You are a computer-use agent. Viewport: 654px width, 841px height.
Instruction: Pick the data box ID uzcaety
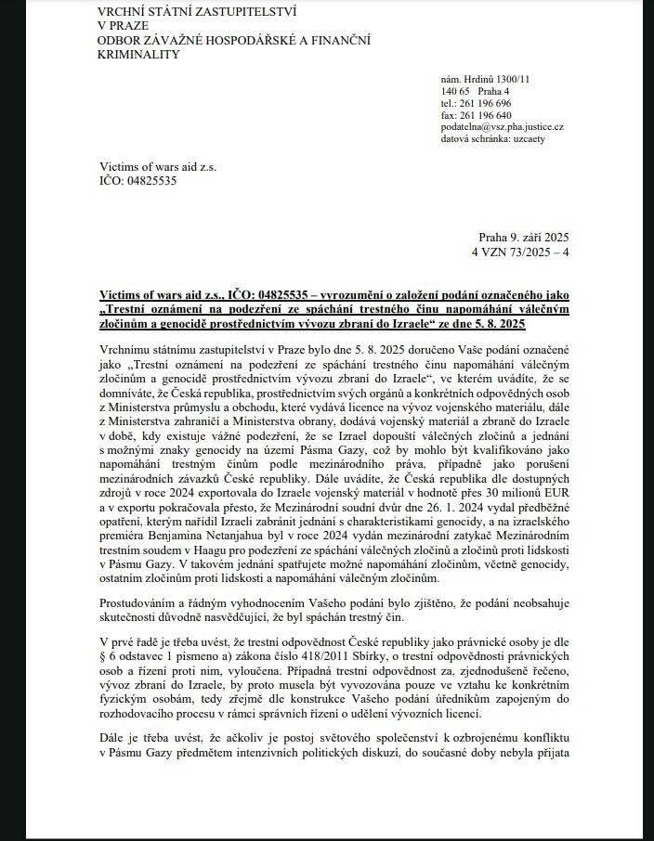[x=532, y=136]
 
